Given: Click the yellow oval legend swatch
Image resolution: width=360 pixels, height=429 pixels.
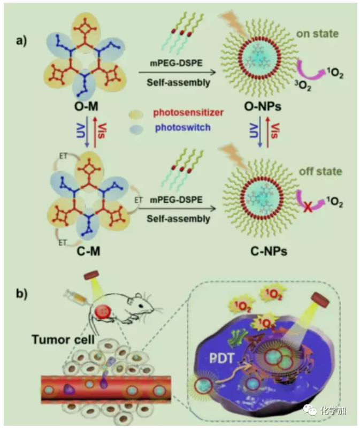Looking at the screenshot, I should pyautogui.click(x=137, y=113).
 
